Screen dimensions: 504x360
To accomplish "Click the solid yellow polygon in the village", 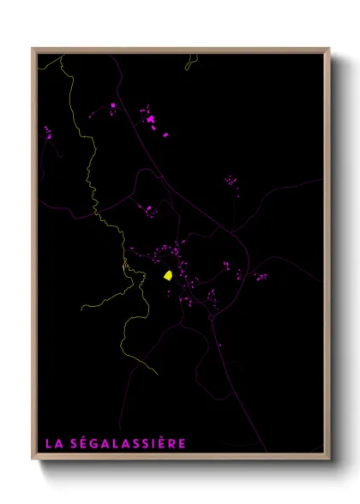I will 169,276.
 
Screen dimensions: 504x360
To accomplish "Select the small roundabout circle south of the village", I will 211,317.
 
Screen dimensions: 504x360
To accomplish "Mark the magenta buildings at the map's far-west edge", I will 47,132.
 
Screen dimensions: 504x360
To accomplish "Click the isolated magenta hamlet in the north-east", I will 230,181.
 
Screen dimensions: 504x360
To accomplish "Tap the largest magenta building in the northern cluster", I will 151,120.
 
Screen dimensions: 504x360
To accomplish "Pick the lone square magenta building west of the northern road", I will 113,105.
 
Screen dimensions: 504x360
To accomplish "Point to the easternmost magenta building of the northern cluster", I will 165,134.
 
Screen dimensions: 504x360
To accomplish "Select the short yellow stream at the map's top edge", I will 189,61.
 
